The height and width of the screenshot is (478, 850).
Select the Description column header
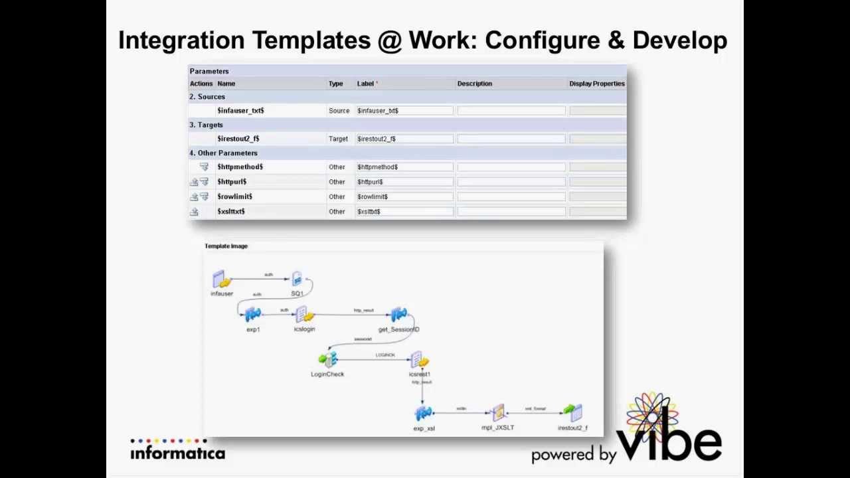(474, 84)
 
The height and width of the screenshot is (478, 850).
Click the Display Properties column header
(596, 84)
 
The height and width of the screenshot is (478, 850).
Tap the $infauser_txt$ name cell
(240, 111)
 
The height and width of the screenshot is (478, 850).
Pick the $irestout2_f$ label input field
(404, 139)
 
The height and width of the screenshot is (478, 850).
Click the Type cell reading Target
(338, 139)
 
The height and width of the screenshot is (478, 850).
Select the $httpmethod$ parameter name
(240, 167)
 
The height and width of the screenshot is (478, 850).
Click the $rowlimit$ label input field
(404, 197)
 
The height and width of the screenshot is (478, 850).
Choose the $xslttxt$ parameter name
(231, 211)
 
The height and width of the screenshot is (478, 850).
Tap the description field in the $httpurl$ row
(511, 182)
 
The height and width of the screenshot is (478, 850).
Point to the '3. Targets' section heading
(206, 125)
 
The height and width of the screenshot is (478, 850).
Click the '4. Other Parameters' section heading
(223, 153)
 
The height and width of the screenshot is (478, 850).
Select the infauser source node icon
(221, 279)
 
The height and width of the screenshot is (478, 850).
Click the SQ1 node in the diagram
(297, 279)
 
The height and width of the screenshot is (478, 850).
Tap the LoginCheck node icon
(327, 360)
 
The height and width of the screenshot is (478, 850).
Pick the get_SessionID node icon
(398, 315)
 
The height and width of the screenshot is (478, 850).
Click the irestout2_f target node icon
(572, 414)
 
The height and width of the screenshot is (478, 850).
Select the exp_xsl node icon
(424, 414)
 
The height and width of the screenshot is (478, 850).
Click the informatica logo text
(177, 453)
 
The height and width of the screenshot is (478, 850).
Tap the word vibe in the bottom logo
(669, 440)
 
